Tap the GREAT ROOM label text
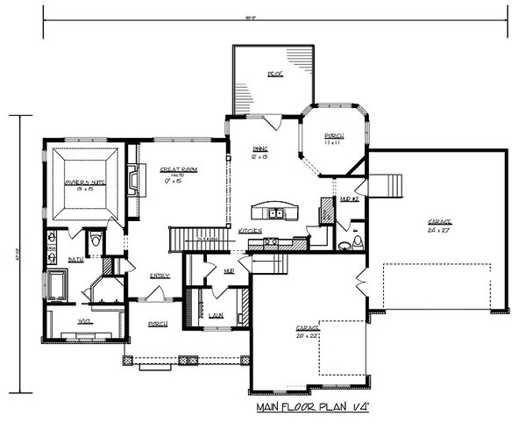pos(178,170)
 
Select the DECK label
pos(274,75)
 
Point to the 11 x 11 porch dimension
pos(333,142)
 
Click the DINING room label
pos(260,149)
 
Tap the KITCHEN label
pos(250,230)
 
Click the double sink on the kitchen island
pos(275,212)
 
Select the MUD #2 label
pos(348,199)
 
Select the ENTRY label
pos(159,276)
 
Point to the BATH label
pos(75,260)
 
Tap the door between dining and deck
pos(273,121)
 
